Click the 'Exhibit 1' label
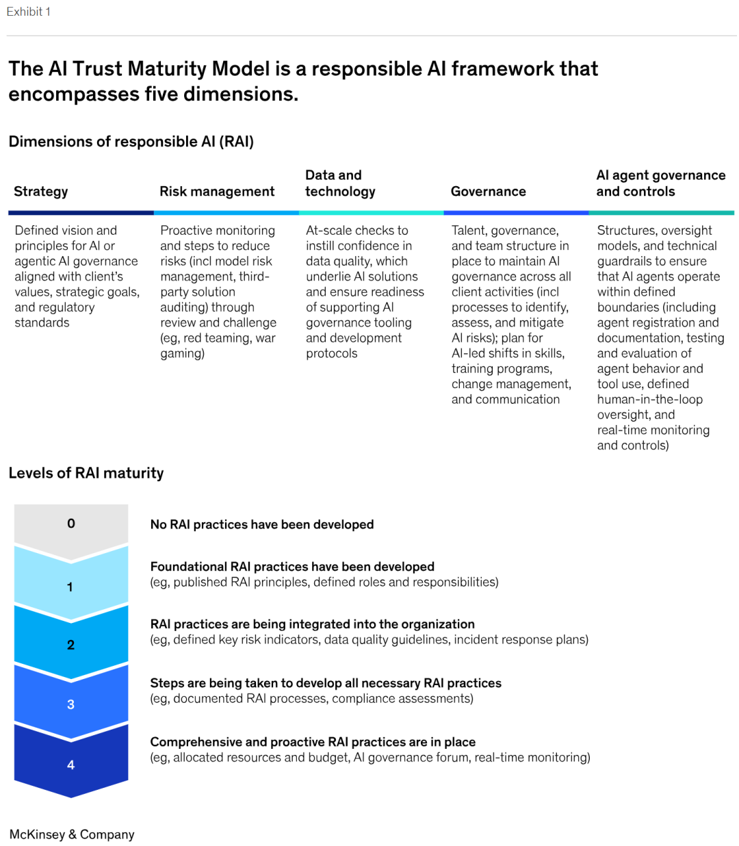coord(28,12)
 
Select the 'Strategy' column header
coord(41,192)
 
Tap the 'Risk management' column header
coord(217,192)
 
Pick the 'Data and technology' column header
coord(340,183)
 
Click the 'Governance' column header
coord(488,192)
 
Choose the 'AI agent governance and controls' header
coord(660,183)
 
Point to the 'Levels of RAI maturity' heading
coord(86,473)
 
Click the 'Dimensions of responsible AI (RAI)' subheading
coord(131,142)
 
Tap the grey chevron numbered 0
coord(71,524)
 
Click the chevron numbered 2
coord(70,645)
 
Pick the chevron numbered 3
coord(70,704)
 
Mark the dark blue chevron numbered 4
coord(70,765)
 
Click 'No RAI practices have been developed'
coord(261,524)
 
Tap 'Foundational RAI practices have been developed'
coord(292,567)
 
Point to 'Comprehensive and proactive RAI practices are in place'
coord(313,742)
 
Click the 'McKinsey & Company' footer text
coord(72,834)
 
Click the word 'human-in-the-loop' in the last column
coord(649,399)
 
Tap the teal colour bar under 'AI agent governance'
coord(661,213)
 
